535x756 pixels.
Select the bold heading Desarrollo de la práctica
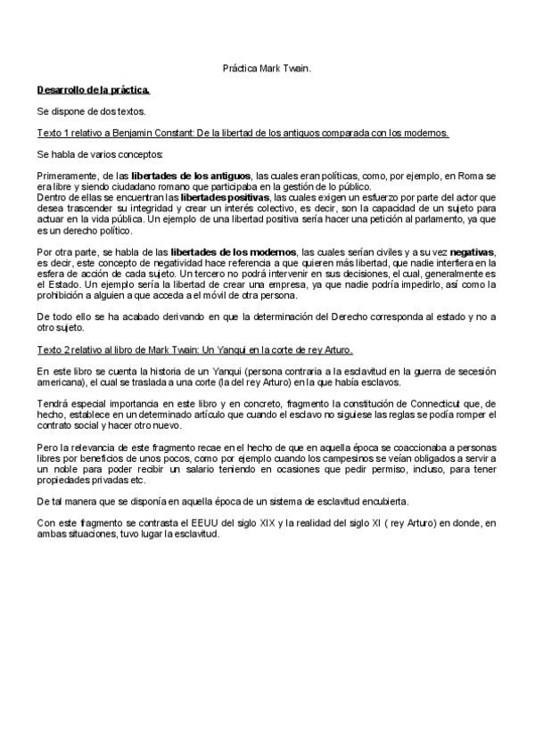94,90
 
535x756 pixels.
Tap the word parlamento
436,219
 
